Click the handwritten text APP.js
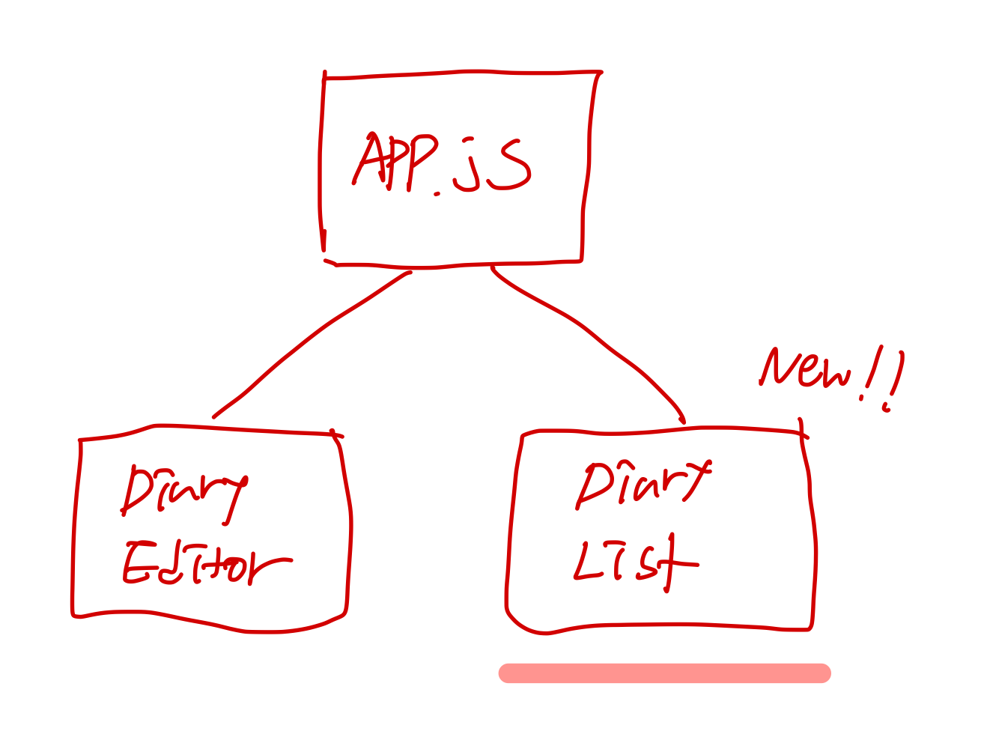tap(442, 163)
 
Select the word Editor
tap(206, 565)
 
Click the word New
tap(805, 369)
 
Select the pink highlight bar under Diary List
tap(665, 673)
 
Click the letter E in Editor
tap(137, 563)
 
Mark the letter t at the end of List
tap(672, 563)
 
